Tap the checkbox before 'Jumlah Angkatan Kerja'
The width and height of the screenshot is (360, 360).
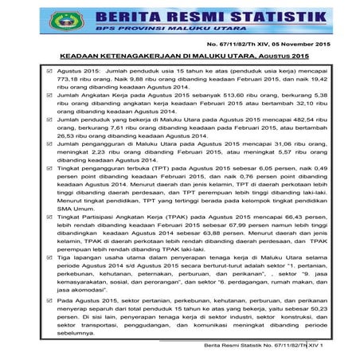pyautogui.click(x=49, y=93)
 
